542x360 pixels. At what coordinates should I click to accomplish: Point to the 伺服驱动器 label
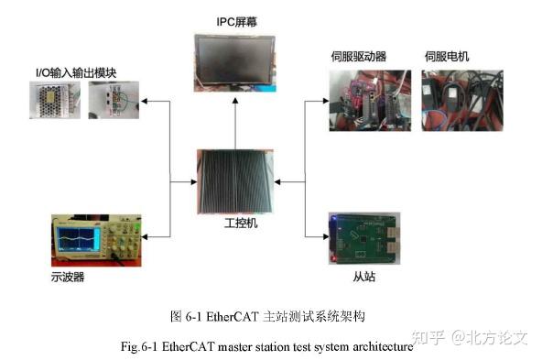358,57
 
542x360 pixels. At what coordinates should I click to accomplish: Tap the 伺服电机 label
447,57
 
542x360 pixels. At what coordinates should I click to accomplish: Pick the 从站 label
364,274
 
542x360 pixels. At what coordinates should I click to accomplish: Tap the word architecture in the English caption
382,347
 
